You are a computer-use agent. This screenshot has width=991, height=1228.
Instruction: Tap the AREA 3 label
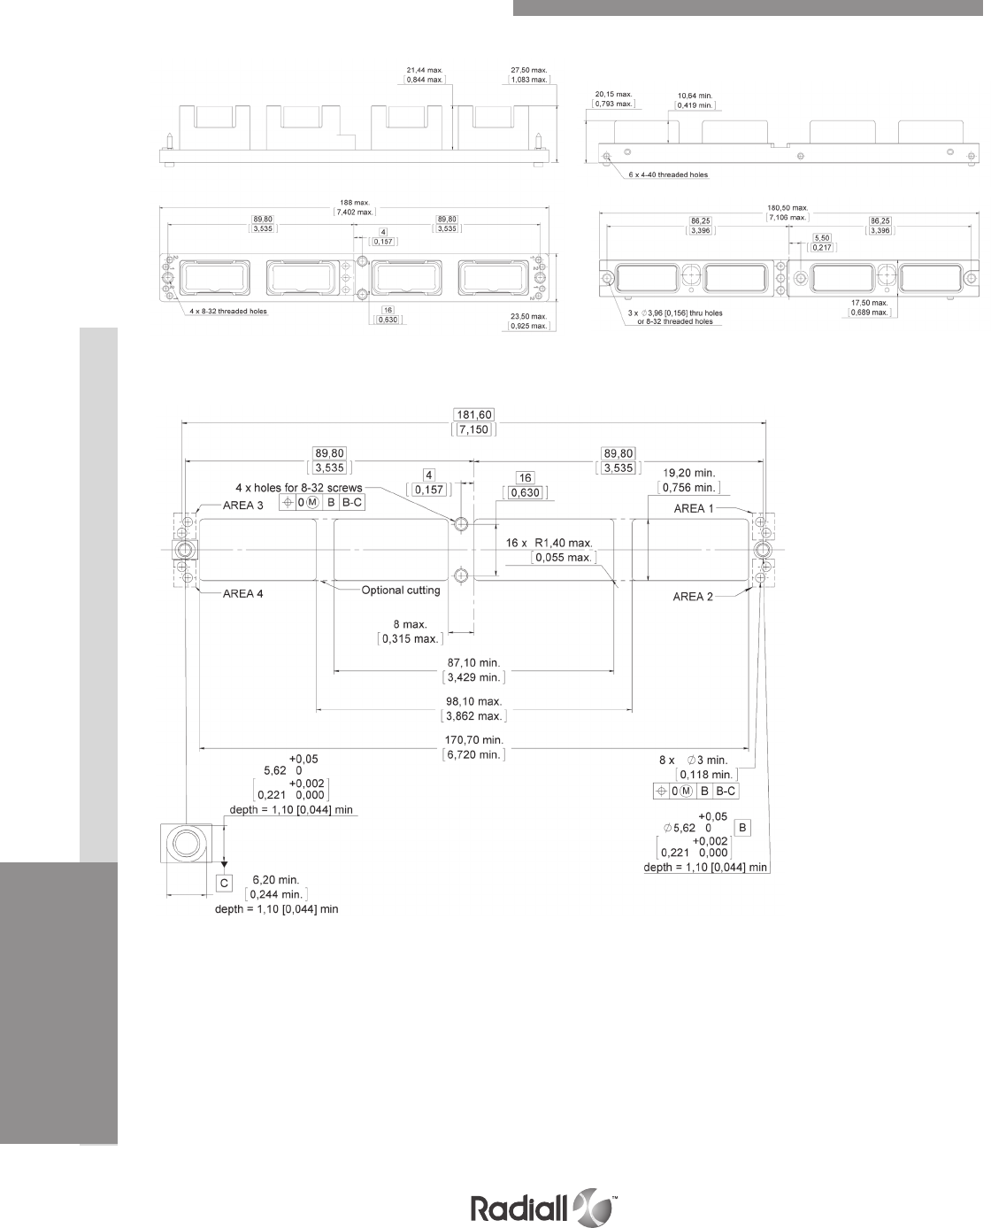pos(242,506)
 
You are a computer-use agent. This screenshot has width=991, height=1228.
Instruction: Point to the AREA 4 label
pos(242,594)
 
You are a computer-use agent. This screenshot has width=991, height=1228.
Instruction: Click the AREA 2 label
pos(692,597)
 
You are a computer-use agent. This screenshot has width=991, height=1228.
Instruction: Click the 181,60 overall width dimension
pos(474,414)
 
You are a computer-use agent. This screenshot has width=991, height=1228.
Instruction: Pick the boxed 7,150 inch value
pos(474,429)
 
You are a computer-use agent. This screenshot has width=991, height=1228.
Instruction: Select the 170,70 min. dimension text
pos(473,739)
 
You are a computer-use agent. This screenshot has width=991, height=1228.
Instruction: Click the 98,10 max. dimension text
pos(473,701)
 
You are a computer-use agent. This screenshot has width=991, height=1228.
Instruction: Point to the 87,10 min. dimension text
pos(473,662)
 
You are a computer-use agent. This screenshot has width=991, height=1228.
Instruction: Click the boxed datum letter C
pos(225,883)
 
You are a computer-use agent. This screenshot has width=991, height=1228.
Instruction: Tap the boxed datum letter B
pos(743,827)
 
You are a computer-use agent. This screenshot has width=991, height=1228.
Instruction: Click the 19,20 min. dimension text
pos(691,473)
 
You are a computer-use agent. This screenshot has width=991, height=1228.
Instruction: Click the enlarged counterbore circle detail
pos(186,845)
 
